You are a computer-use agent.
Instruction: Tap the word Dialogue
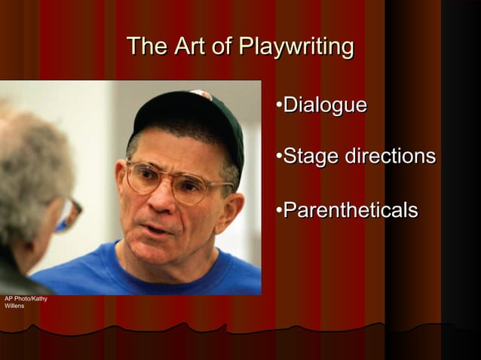(x=325, y=105)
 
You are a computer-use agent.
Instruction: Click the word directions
(x=390, y=157)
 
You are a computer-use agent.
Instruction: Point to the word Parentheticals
(x=350, y=209)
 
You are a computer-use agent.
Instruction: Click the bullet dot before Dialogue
(x=279, y=105)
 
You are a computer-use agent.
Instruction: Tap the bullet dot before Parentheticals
(x=279, y=209)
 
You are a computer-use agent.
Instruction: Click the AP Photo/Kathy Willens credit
(x=25, y=302)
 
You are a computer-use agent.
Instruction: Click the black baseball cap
(x=188, y=113)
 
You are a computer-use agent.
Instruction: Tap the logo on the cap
(x=202, y=94)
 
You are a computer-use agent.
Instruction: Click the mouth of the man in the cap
(x=161, y=227)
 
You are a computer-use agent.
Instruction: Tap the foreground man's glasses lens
(x=69, y=215)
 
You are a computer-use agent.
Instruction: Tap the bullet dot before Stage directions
(x=279, y=157)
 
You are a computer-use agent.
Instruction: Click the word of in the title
(x=222, y=47)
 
